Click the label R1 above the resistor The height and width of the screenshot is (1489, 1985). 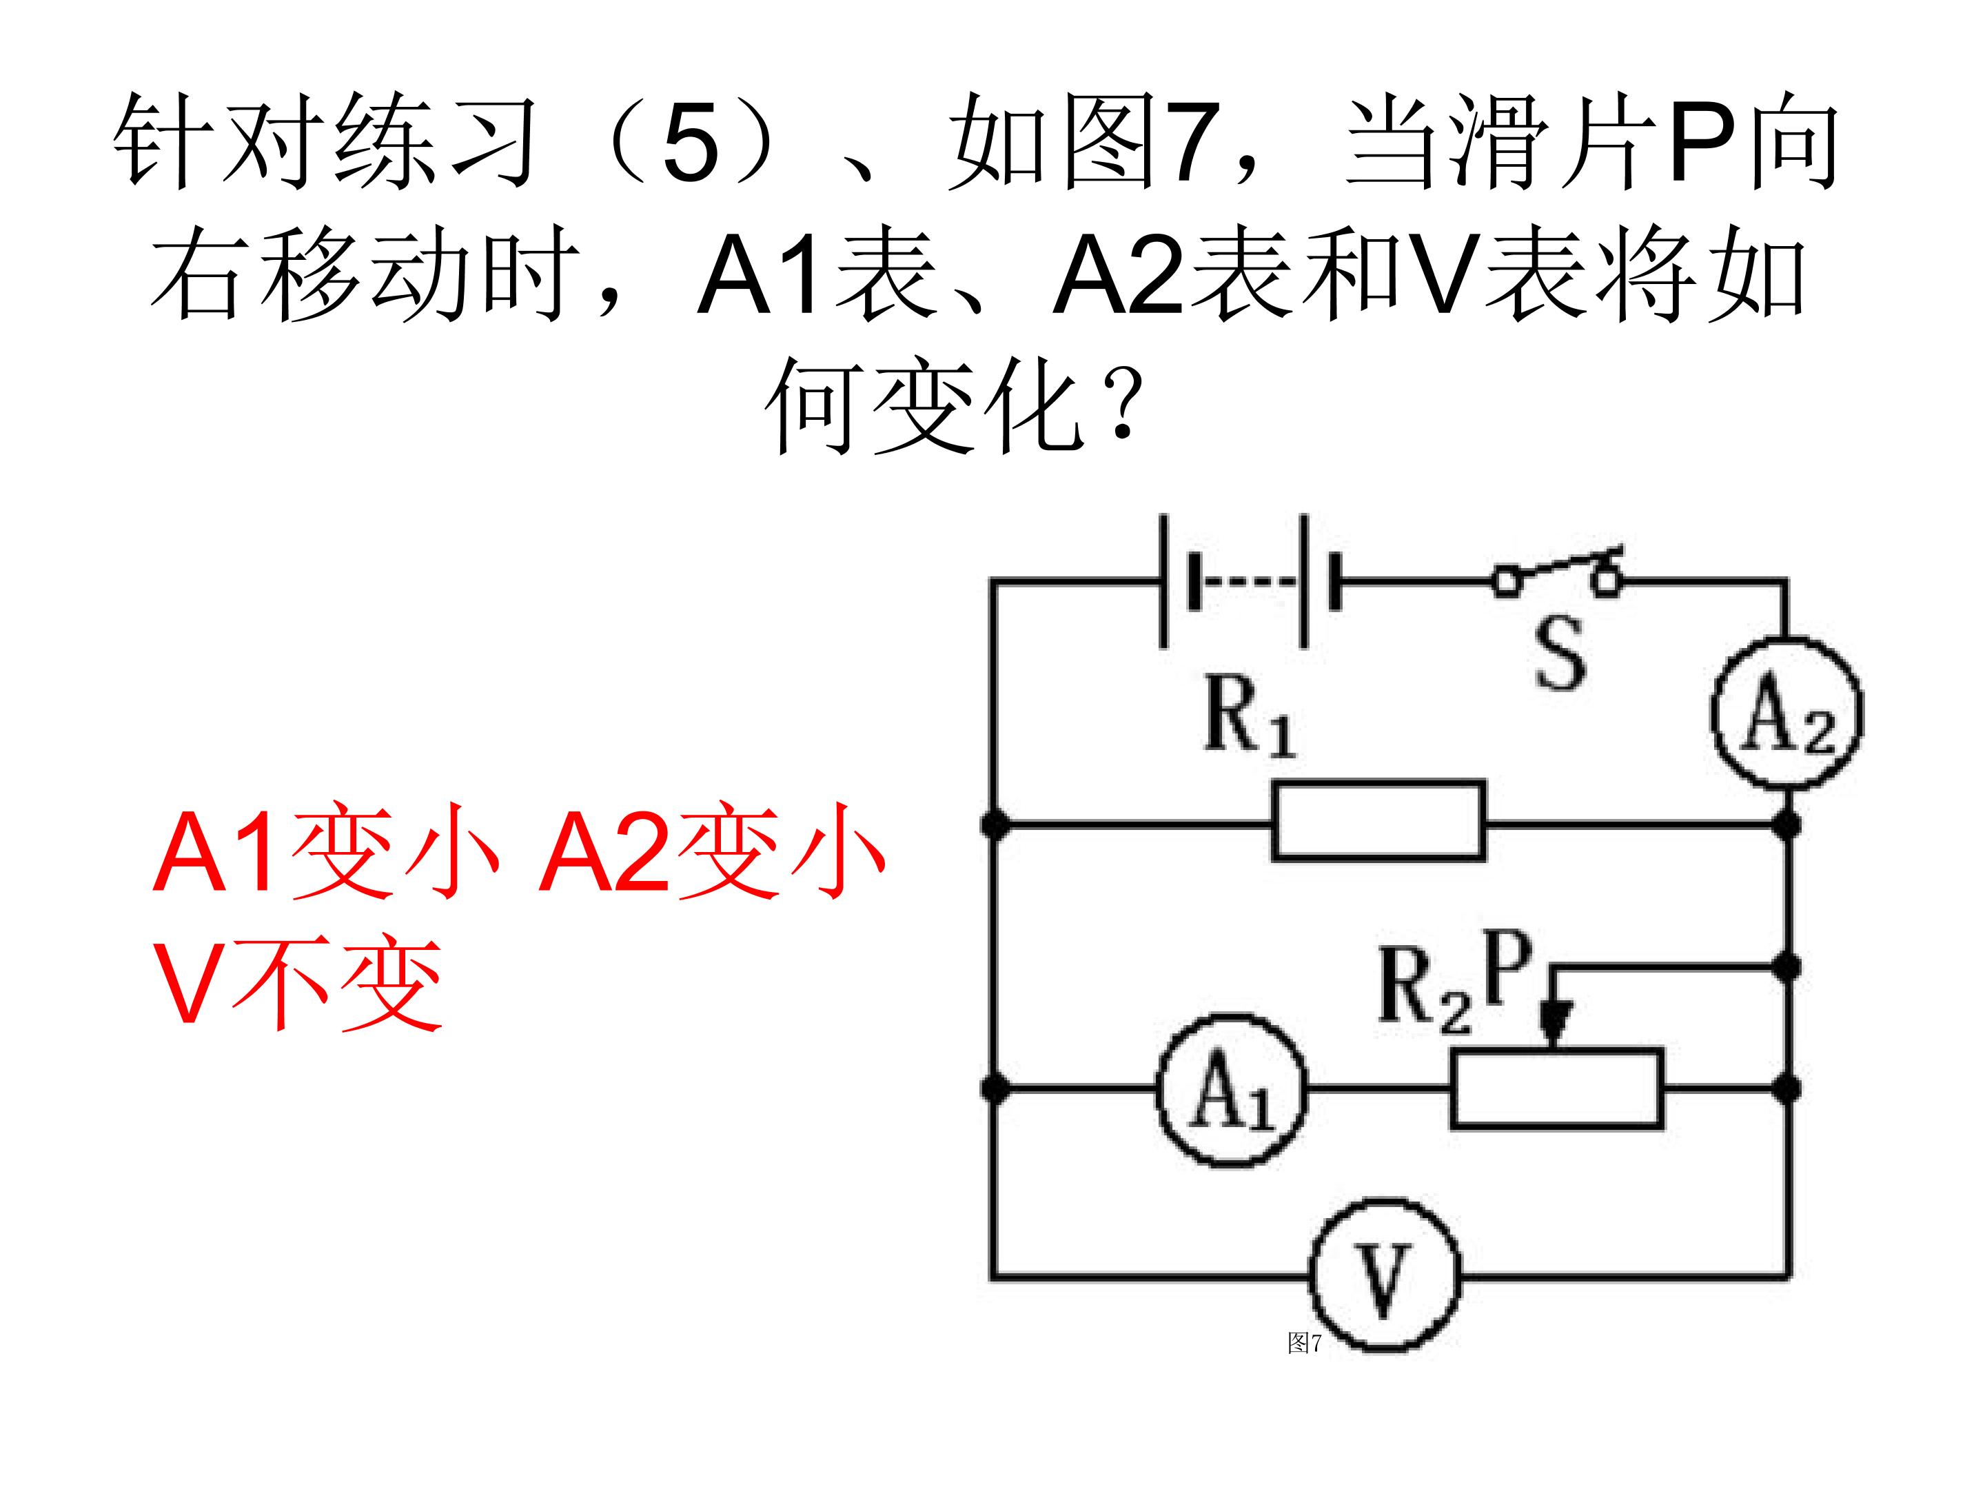[1248, 716]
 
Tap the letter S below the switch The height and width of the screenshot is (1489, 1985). [1560, 654]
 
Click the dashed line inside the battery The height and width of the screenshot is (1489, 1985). [1248, 582]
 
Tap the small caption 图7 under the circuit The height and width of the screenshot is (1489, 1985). [1305, 1343]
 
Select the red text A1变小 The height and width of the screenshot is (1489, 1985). [325, 850]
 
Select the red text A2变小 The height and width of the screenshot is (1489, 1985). [711, 850]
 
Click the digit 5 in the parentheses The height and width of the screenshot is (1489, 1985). [691, 142]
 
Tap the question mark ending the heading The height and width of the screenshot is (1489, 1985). [1121, 404]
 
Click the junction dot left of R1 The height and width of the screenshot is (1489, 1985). [993, 824]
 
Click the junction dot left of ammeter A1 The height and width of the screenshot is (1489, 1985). [993, 1088]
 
